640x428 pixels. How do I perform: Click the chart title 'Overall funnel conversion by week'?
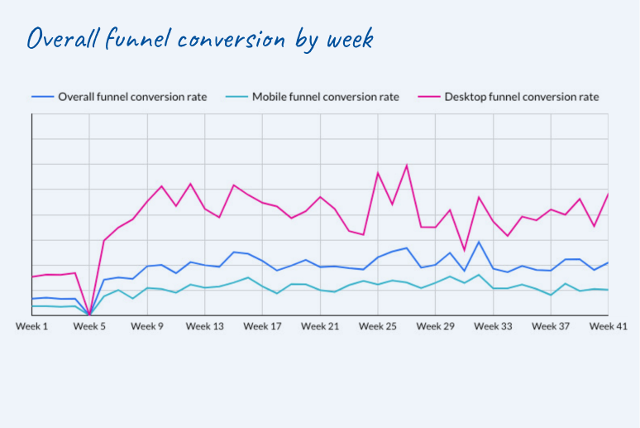(200, 40)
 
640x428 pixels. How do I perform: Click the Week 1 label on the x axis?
(32, 326)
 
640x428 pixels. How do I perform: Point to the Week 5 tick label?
(89, 326)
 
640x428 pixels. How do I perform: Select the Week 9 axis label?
(147, 326)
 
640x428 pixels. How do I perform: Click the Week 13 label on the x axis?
(204, 326)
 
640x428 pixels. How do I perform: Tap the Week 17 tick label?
(262, 326)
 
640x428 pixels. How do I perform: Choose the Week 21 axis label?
(320, 326)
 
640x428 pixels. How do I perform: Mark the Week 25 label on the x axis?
(378, 326)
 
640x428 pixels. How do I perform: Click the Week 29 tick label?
(436, 326)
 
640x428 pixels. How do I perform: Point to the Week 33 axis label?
(493, 326)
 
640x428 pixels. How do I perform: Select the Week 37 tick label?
(551, 326)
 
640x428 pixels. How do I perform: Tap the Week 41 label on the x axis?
(608, 326)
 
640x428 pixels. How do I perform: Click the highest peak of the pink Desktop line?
(407, 166)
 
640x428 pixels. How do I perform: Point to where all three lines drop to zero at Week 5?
(89, 315)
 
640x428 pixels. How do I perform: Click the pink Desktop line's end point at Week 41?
(608, 194)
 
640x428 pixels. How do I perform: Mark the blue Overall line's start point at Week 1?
(32, 299)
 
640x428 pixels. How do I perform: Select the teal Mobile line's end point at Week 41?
(608, 290)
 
